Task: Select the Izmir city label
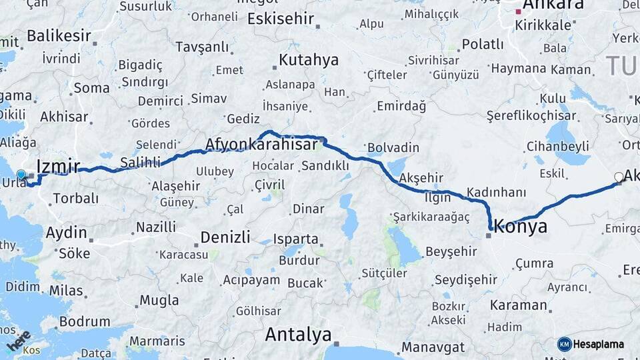click(x=58, y=167)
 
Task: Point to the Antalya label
click(x=298, y=335)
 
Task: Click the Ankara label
click(x=553, y=5)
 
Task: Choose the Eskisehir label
click(x=280, y=19)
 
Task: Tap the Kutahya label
click(x=308, y=60)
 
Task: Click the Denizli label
click(x=225, y=237)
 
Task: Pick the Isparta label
click(x=295, y=239)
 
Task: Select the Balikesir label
click(x=58, y=35)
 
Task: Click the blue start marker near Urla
click(x=21, y=175)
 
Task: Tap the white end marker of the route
click(x=619, y=177)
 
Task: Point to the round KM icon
click(x=564, y=344)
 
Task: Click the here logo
click(x=19, y=340)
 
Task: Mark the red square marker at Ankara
click(x=518, y=11)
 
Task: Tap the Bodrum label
click(x=84, y=321)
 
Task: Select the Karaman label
click(x=518, y=305)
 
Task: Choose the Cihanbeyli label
click(x=557, y=146)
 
